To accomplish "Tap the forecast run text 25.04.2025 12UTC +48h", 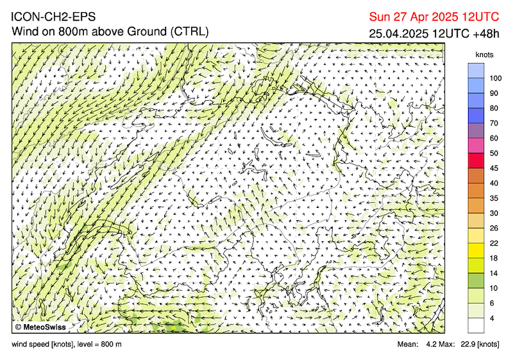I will [x=433, y=33].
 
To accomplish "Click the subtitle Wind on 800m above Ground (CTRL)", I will [x=109, y=31].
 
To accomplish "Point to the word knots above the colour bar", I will [x=484, y=55].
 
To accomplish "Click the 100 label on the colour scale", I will [x=496, y=78].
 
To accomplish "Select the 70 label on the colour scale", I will [x=494, y=123].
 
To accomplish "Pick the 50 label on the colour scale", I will [x=494, y=153].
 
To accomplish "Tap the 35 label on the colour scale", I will [x=494, y=198].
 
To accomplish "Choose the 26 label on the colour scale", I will [x=494, y=228].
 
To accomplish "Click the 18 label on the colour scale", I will [x=494, y=258].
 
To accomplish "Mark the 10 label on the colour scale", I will [x=494, y=288].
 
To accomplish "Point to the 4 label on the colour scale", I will [x=492, y=318].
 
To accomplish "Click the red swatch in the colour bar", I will [x=476, y=160].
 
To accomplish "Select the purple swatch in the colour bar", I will [x=476, y=130].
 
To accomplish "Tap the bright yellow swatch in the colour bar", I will [x=476, y=250].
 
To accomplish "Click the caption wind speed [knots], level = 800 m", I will [x=67, y=345].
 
